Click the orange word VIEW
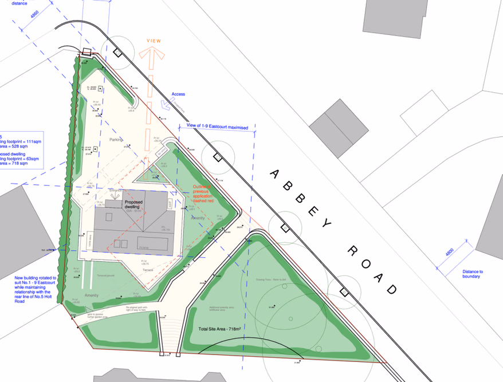coord(154,41)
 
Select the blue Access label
coord(178,94)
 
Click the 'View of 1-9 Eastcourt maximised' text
coord(218,127)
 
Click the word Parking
coord(117,147)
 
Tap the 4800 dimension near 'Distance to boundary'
coord(450,253)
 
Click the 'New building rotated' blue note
coord(36,289)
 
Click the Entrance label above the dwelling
coord(116,188)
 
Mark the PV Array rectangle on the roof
coord(147,247)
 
